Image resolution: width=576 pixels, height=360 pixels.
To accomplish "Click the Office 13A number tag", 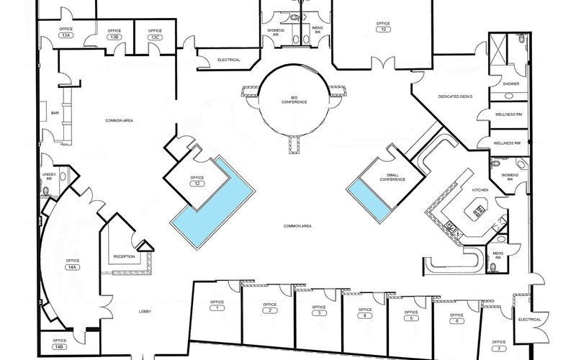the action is (66, 35).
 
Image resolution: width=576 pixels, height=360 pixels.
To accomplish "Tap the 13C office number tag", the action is (155, 37).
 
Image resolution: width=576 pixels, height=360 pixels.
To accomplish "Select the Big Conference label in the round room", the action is (294, 99).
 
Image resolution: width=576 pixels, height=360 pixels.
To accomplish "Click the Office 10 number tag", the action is (383, 30).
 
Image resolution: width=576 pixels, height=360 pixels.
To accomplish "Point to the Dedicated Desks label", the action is (455, 96).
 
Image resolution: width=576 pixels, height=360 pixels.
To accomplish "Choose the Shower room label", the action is (511, 84).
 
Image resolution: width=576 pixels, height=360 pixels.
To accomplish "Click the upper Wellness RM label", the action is (508, 114).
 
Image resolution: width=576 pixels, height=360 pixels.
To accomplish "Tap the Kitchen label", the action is (480, 190).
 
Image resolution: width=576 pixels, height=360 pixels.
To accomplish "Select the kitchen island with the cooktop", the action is (477, 209).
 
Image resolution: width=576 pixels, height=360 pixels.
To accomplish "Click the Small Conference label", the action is (392, 177).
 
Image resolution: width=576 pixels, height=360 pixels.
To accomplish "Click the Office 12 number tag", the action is (197, 184).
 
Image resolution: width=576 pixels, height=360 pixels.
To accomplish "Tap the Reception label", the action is (124, 256).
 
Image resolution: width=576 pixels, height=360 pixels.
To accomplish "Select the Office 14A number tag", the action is (73, 267).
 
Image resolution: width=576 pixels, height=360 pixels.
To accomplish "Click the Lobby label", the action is (145, 312).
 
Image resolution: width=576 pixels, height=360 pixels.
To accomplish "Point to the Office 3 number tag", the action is (319, 313).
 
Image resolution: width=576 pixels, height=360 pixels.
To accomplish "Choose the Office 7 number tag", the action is (499, 348).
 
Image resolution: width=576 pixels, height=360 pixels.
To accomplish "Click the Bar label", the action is (55, 113).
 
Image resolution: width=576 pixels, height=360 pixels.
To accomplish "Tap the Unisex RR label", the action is (49, 176).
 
